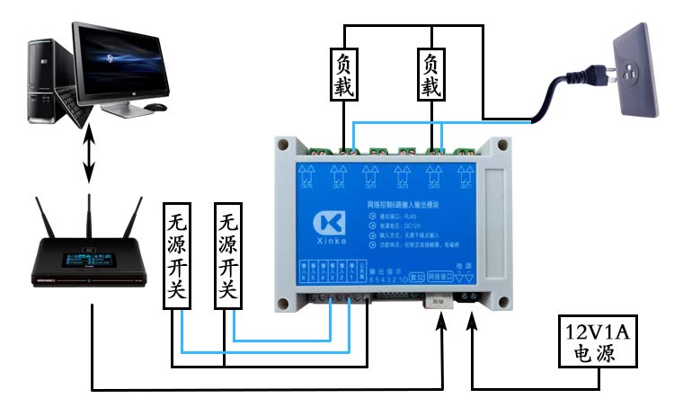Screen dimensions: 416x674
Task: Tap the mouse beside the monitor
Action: [x=155, y=108]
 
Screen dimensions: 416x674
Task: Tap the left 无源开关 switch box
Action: [x=179, y=256]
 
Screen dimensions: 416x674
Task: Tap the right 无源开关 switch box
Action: [x=231, y=256]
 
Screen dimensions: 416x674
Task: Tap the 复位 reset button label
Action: [x=415, y=278]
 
